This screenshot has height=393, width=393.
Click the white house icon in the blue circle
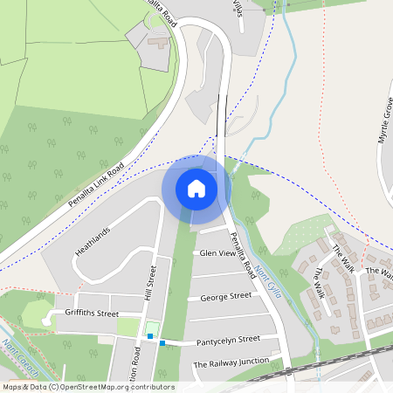click(x=196, y=188)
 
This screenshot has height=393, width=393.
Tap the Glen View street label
click(x=218, y=253)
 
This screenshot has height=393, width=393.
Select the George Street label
click(x=225, y=297)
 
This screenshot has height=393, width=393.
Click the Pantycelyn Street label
click(x=229, y=339)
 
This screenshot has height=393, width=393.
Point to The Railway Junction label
click(x=231, y=364)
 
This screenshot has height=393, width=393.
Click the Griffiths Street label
click(x=91, y=314)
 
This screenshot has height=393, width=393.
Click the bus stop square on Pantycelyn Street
click(x=162, y=343)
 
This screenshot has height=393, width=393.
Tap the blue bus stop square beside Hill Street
click(x=150, y=335)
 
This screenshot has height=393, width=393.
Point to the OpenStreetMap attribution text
click(x=87, y=387)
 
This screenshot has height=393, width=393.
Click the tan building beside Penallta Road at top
click(x=160, y=42)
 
